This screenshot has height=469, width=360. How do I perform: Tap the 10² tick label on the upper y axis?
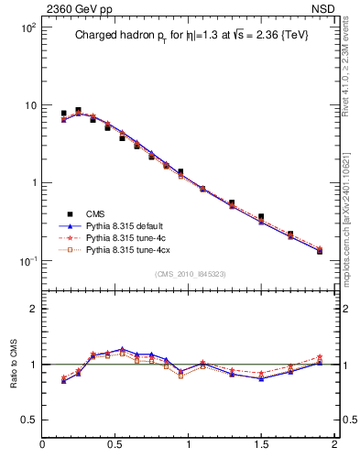pyautogui.click(x=27, y=28)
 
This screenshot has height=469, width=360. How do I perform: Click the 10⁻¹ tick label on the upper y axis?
pyautogui.click(x=27, y=261)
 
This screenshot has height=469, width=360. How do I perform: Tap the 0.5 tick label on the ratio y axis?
pyautogui.click(x=27, y=420)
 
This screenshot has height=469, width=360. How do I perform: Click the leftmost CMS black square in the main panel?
pyautogui.click(x=63, y=114)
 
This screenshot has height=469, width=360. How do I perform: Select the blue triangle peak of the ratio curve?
pyautogui.click(x=122, y=349)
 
